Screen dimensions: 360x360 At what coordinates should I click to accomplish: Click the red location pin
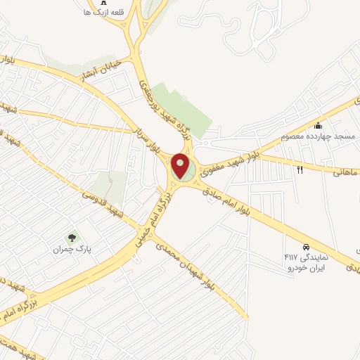coord(181,165)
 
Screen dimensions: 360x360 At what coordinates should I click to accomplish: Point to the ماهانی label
coord(348,172)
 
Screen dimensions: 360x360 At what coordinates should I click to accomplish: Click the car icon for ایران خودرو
coord(307,247)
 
